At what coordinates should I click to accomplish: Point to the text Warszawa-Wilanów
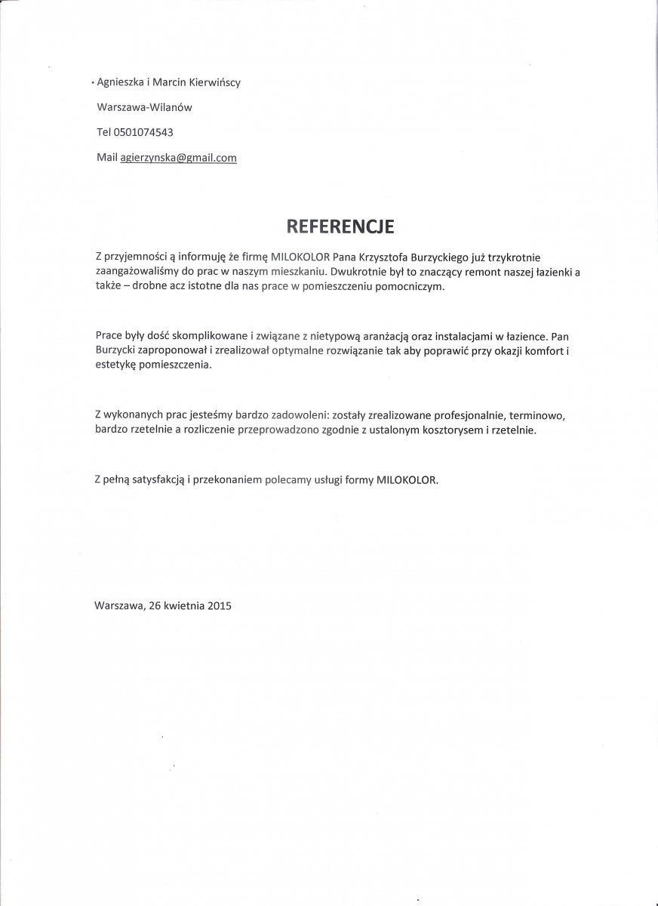tap(145, 107)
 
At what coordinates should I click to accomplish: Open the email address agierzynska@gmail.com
tap(179, 157)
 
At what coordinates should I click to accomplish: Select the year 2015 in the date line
tap(219, 605)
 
